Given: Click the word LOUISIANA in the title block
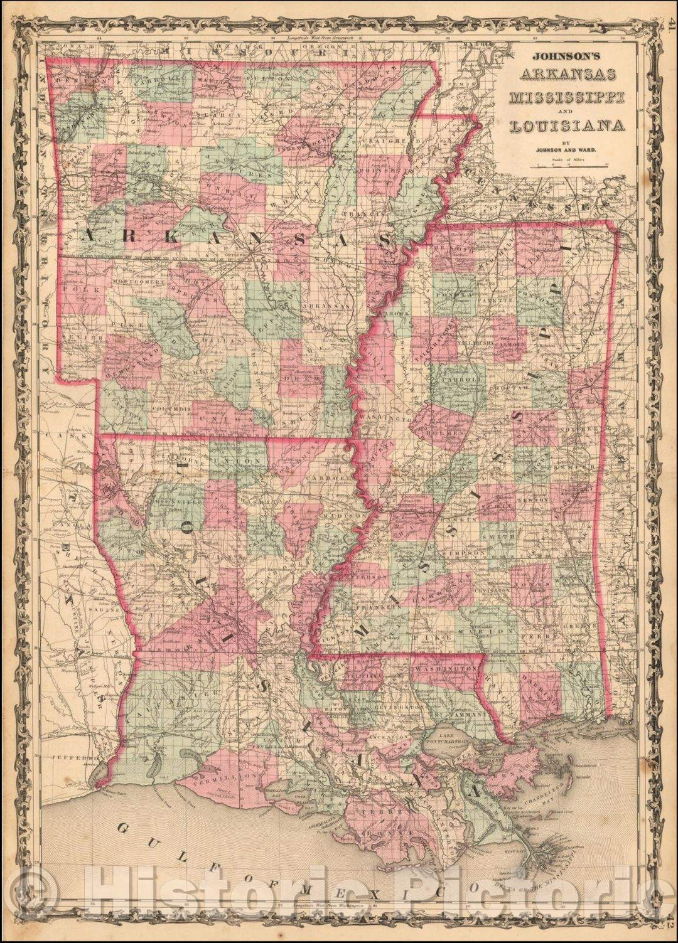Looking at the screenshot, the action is coord(566,125).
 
